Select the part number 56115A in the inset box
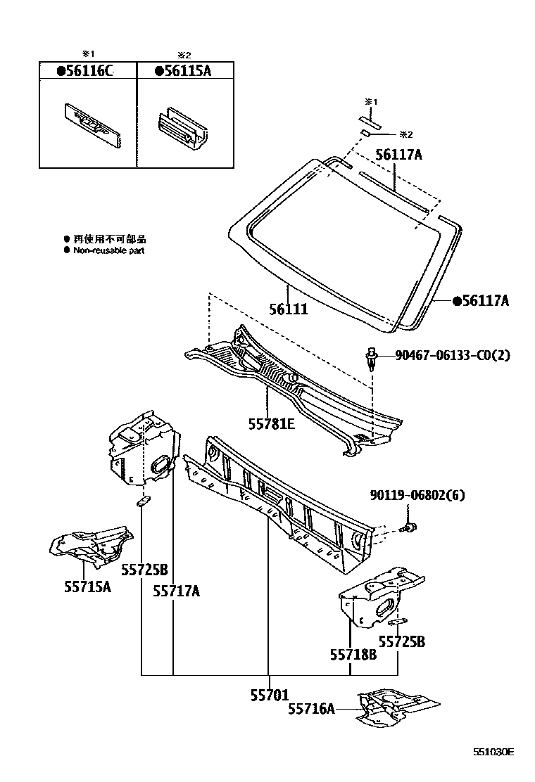(184, 70)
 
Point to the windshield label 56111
(288, 309)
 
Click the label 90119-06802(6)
(417, 496)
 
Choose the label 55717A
(176, 591)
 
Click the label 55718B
(353, 654)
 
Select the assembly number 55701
(269, 695)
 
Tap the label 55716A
(310, 710)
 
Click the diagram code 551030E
(493, 752)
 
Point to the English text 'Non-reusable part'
(108, 250)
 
